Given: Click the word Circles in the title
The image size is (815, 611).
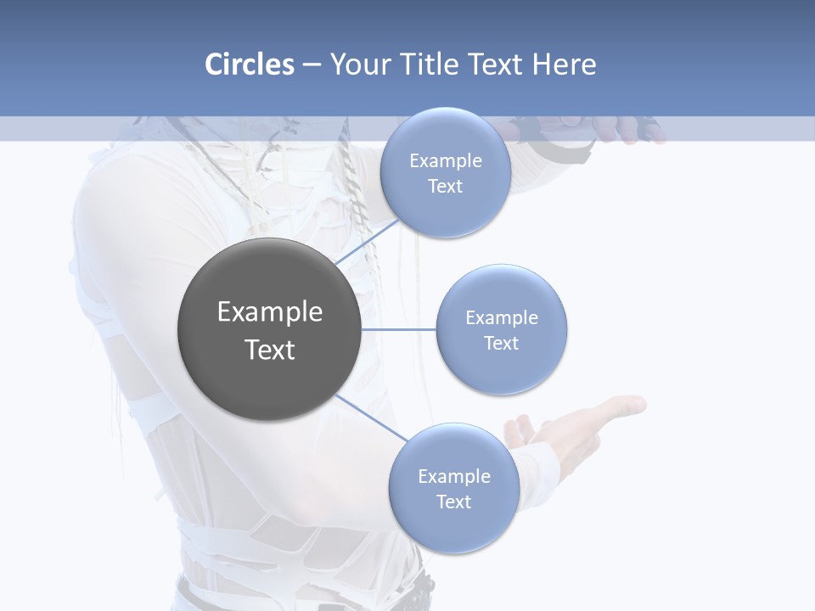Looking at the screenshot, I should tap(249, 64).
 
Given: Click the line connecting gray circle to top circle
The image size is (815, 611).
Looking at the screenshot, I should tap(367, 242).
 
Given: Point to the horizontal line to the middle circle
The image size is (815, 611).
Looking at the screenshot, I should tap(399, 329).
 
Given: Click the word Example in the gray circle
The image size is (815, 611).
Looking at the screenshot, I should tap(270, 312).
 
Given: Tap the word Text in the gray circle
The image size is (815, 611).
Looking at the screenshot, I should tap(270, 350).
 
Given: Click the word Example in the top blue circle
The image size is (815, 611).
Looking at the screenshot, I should tap(446, 160).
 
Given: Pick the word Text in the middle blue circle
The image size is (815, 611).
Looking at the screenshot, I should tap(502, 343).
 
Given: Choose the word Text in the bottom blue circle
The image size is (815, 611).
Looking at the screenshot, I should tap(453, 502).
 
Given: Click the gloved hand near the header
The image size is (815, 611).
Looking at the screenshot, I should tap(628, 129).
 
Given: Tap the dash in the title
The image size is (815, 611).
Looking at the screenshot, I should tap(312, 65).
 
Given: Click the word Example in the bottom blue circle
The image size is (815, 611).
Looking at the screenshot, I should tap(454, 476).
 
